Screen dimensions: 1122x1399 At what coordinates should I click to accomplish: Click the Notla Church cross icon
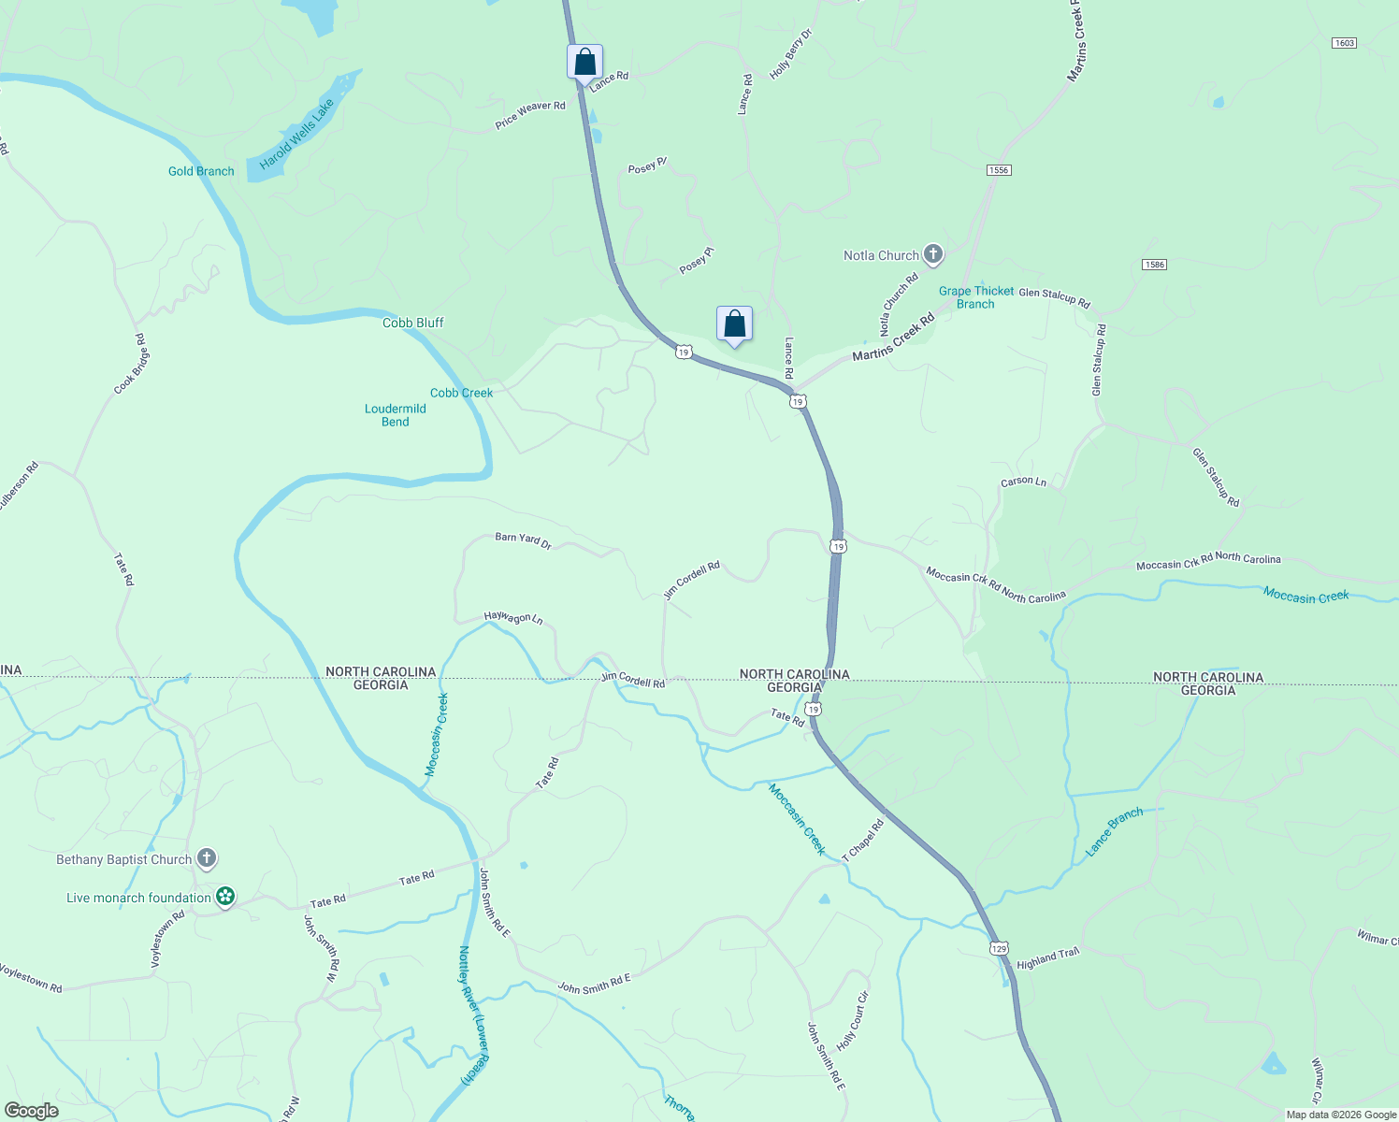932,254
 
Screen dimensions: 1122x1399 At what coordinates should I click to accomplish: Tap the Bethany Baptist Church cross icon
207,858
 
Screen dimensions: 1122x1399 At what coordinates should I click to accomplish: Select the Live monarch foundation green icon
224,898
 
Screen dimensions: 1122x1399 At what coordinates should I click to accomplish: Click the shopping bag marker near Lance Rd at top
584,63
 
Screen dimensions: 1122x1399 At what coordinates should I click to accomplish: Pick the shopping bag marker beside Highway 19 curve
734,324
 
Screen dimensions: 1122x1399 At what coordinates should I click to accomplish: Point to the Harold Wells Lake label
296,136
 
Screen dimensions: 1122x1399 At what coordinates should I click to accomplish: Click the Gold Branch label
201,171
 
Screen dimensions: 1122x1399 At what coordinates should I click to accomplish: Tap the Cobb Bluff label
412,323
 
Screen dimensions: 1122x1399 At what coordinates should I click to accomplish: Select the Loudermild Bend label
395,415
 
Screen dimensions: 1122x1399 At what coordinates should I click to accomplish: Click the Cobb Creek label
461,393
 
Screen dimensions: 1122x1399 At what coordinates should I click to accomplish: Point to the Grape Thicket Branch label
976,297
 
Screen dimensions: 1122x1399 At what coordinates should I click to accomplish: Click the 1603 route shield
1344,43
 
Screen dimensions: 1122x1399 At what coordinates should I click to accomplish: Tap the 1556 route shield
999,170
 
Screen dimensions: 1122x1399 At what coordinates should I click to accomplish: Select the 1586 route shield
1154,265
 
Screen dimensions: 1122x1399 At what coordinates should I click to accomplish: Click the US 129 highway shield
999,948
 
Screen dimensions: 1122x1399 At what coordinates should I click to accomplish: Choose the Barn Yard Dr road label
523,539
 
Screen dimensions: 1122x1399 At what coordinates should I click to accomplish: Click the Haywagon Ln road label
512,617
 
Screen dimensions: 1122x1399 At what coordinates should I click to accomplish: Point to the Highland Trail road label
1047,958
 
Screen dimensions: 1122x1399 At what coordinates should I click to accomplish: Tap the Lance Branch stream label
1114,832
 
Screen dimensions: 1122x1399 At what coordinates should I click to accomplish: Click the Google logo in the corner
32,1111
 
